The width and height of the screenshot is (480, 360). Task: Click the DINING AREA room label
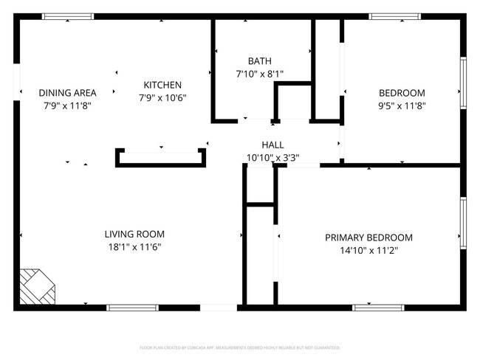(68, 93)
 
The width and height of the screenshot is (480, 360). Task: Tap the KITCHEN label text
(162, 85)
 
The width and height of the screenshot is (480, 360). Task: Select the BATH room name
(259, 61)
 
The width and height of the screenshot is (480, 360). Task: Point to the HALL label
(272, 145)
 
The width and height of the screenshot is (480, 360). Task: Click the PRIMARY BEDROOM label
(368, 238)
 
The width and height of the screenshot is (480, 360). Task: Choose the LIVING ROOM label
(134, 235)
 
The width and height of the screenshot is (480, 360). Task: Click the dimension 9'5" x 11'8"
(402, 105)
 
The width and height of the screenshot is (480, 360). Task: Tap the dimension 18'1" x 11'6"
(134, 247)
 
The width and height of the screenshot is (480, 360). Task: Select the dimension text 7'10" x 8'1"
(259, 74)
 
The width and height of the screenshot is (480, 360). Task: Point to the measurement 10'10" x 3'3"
(272, 157)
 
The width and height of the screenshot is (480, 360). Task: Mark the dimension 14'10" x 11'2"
(368, 250)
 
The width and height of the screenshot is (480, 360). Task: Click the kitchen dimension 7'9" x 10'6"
(162, 97)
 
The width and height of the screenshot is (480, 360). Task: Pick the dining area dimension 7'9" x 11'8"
(68, 105)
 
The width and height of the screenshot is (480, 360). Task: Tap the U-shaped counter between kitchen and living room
(160, 159)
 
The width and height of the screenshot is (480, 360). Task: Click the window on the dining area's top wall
(68, 16)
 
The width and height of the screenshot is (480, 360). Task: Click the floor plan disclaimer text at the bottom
(240, 347)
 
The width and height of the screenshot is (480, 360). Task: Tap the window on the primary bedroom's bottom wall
(378, 306)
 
